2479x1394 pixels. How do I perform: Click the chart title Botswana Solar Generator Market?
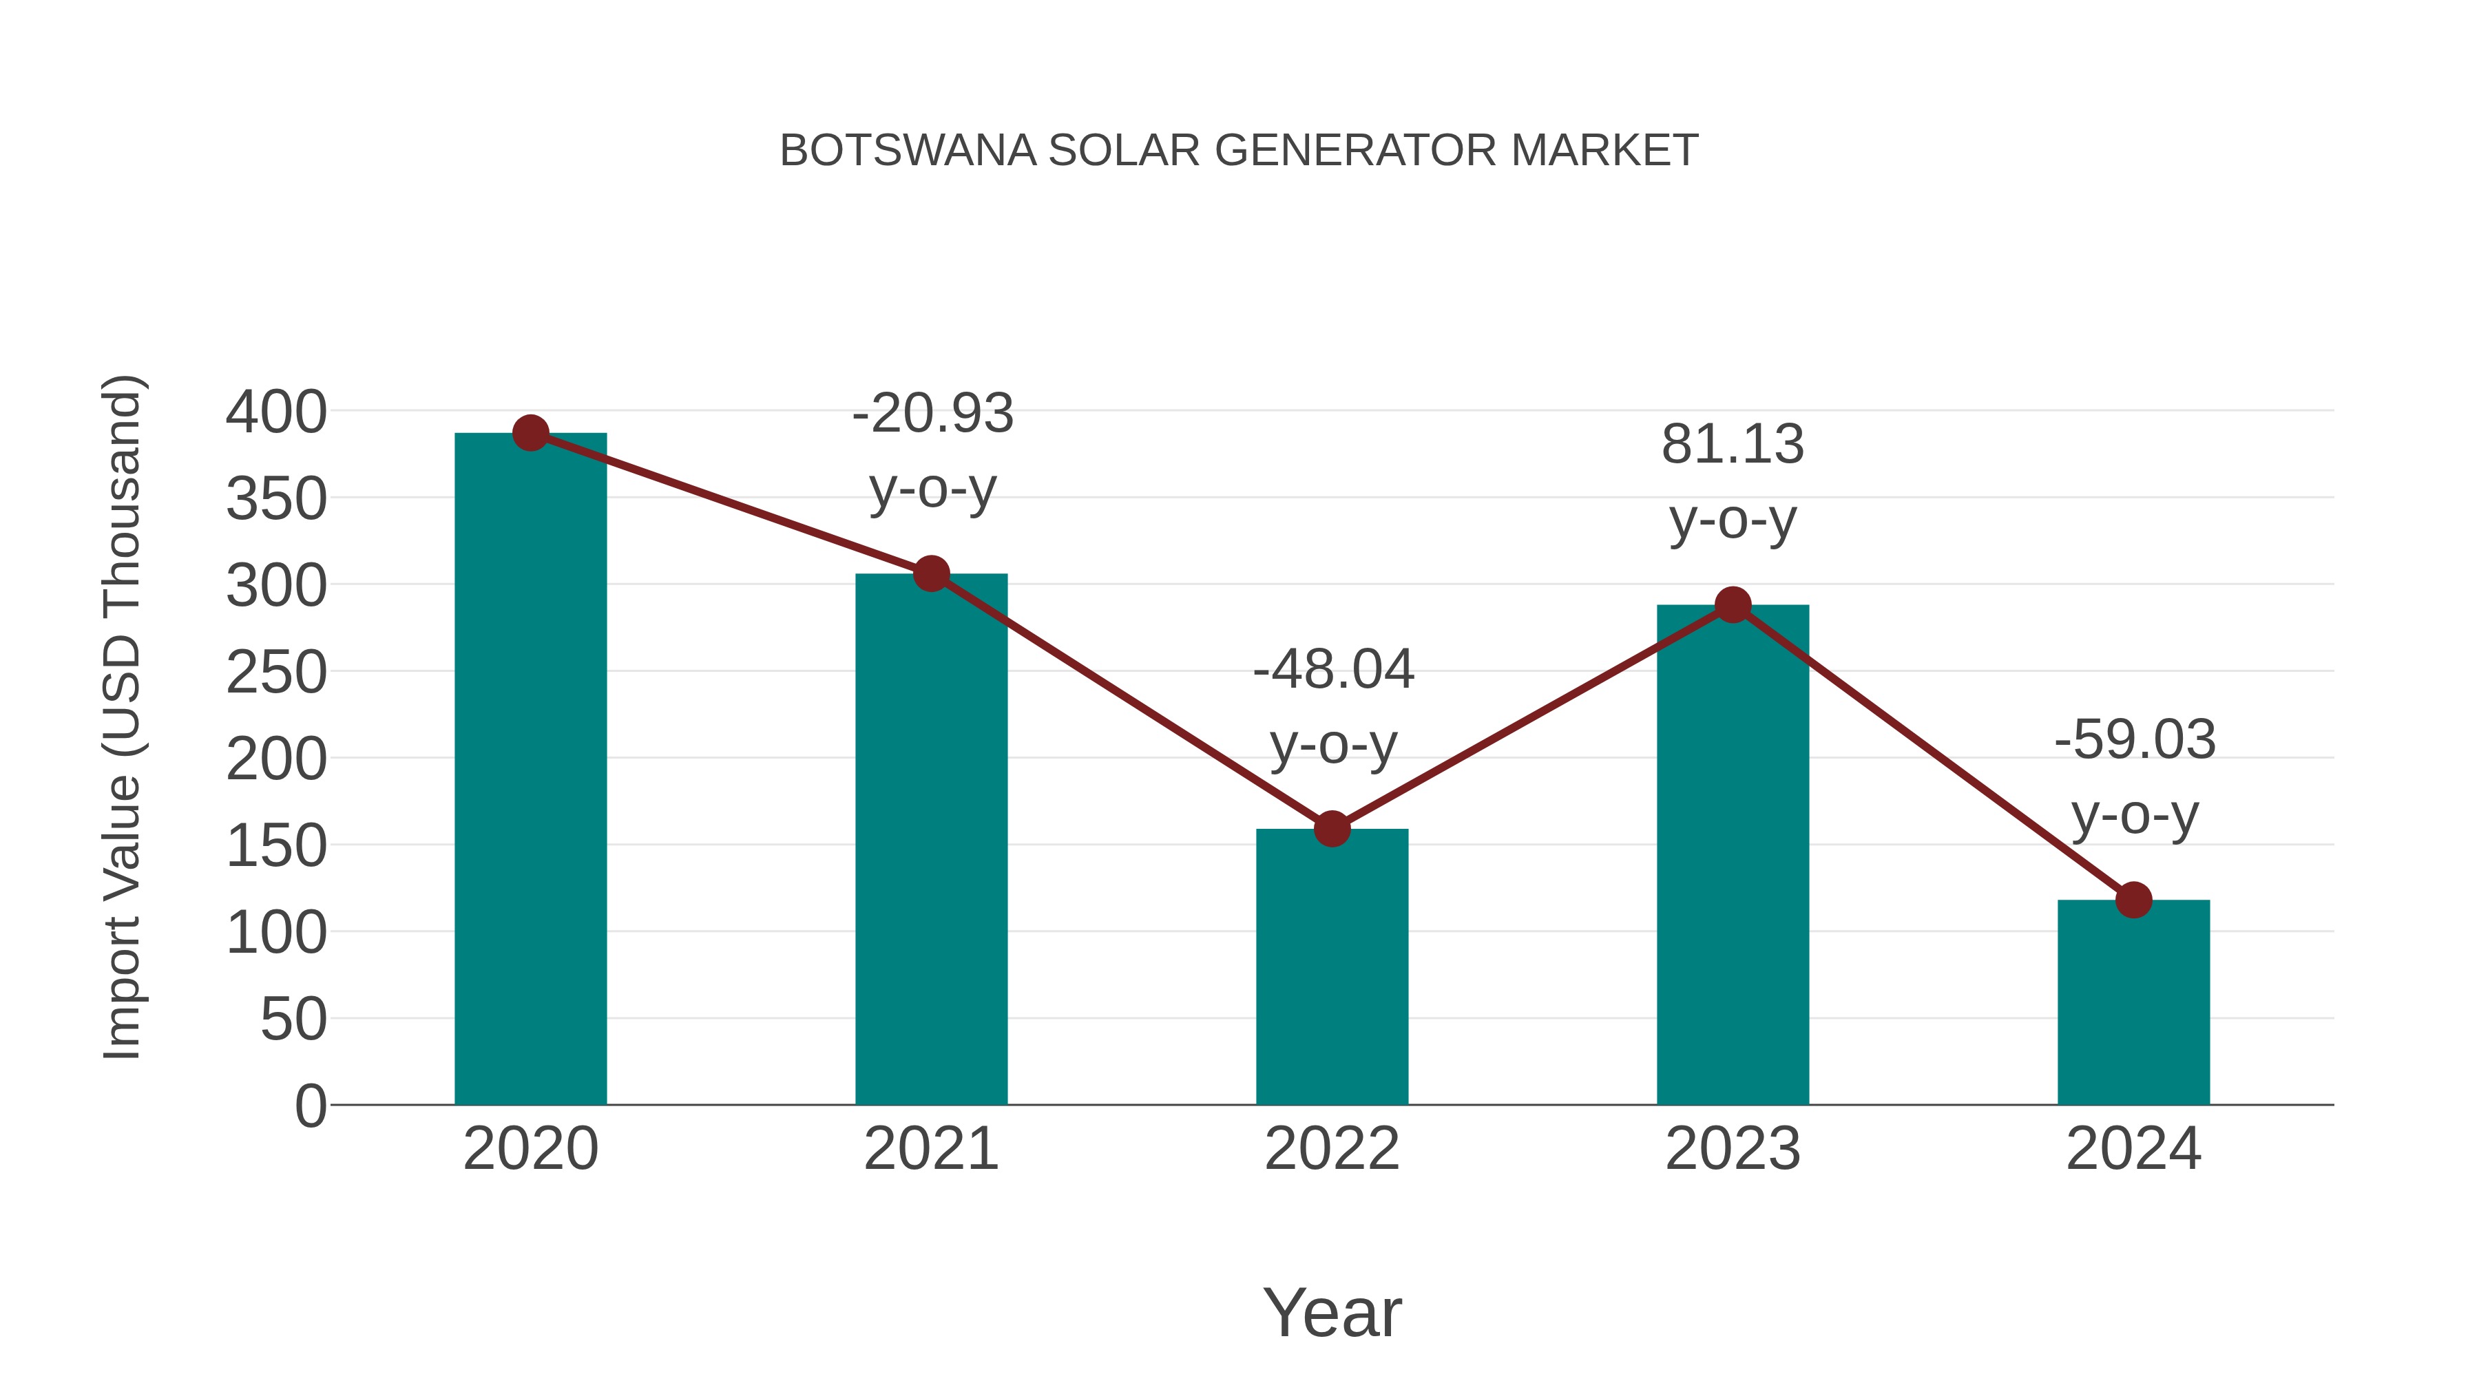[x=1239, y=151]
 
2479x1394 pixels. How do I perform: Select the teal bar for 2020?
[x=530, y=770]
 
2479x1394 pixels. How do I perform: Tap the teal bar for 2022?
[x=1332, y=967]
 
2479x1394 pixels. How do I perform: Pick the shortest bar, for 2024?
[x=2133, y=1002]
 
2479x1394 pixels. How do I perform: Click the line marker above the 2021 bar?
[x=930, y=574]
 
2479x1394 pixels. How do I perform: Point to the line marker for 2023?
[x=1733, y=605]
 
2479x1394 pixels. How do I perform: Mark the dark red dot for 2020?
[x=530, y=433]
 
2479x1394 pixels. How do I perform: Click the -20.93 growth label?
[x=932, y=414]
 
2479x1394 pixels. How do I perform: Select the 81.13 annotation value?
[x=1733, y=445]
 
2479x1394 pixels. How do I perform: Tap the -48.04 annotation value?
[x=1333, y=670]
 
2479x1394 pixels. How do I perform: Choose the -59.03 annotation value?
[x=2135, y=740]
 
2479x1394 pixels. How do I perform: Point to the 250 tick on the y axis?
[x=276, y=673]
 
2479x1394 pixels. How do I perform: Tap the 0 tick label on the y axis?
[x=310, y=1106]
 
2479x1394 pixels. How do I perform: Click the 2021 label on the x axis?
[x=930, y=1149]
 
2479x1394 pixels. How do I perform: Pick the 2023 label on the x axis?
[x=1733, y=1149]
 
